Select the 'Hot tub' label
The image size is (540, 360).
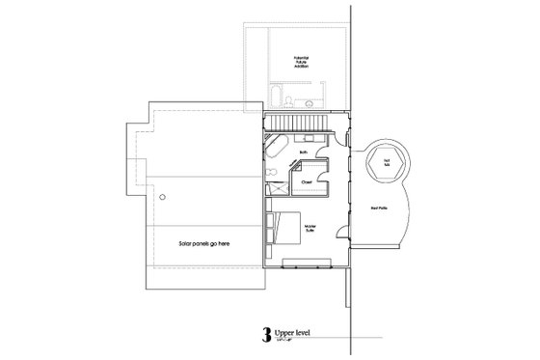[x=387, y=161]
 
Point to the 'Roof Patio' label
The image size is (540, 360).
[x=379, y=207]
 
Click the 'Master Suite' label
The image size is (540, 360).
[x=311, y=229]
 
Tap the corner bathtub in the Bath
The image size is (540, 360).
[x=275, y=152]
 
